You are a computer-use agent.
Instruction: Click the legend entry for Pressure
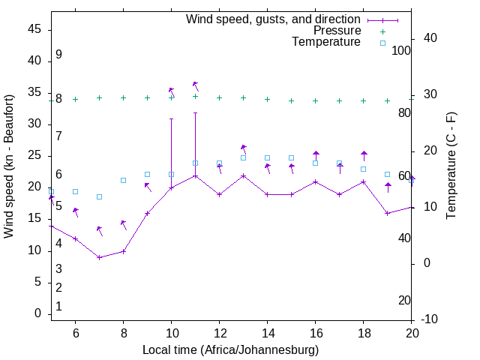[x=337, y=31]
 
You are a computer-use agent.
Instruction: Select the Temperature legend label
[x=326, y=42]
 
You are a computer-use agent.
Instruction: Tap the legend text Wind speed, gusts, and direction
[x=274, y=19]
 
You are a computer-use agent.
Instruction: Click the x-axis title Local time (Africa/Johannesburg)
[x=230, y=350]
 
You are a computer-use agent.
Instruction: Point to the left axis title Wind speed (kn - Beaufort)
[x=9, y=166]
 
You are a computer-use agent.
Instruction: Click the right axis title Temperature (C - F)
[x=451, y=166]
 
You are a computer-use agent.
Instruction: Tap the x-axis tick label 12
[x=219, y=333]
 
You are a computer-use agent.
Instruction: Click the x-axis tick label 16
[x=315, y=333]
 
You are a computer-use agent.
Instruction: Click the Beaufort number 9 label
[x=58, y=55]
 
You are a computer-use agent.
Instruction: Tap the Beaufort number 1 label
[x=58, y=306]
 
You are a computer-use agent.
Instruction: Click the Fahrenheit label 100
[x=401, y=50]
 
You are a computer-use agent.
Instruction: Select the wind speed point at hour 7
[x=99, y=257]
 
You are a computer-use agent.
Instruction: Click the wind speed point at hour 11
[x=195, y=175]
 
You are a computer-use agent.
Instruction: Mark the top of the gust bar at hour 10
[x=171, y=118]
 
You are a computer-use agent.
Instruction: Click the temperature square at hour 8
[x=123, y=180]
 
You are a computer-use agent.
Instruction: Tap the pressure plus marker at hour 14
[x=267, y=99]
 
